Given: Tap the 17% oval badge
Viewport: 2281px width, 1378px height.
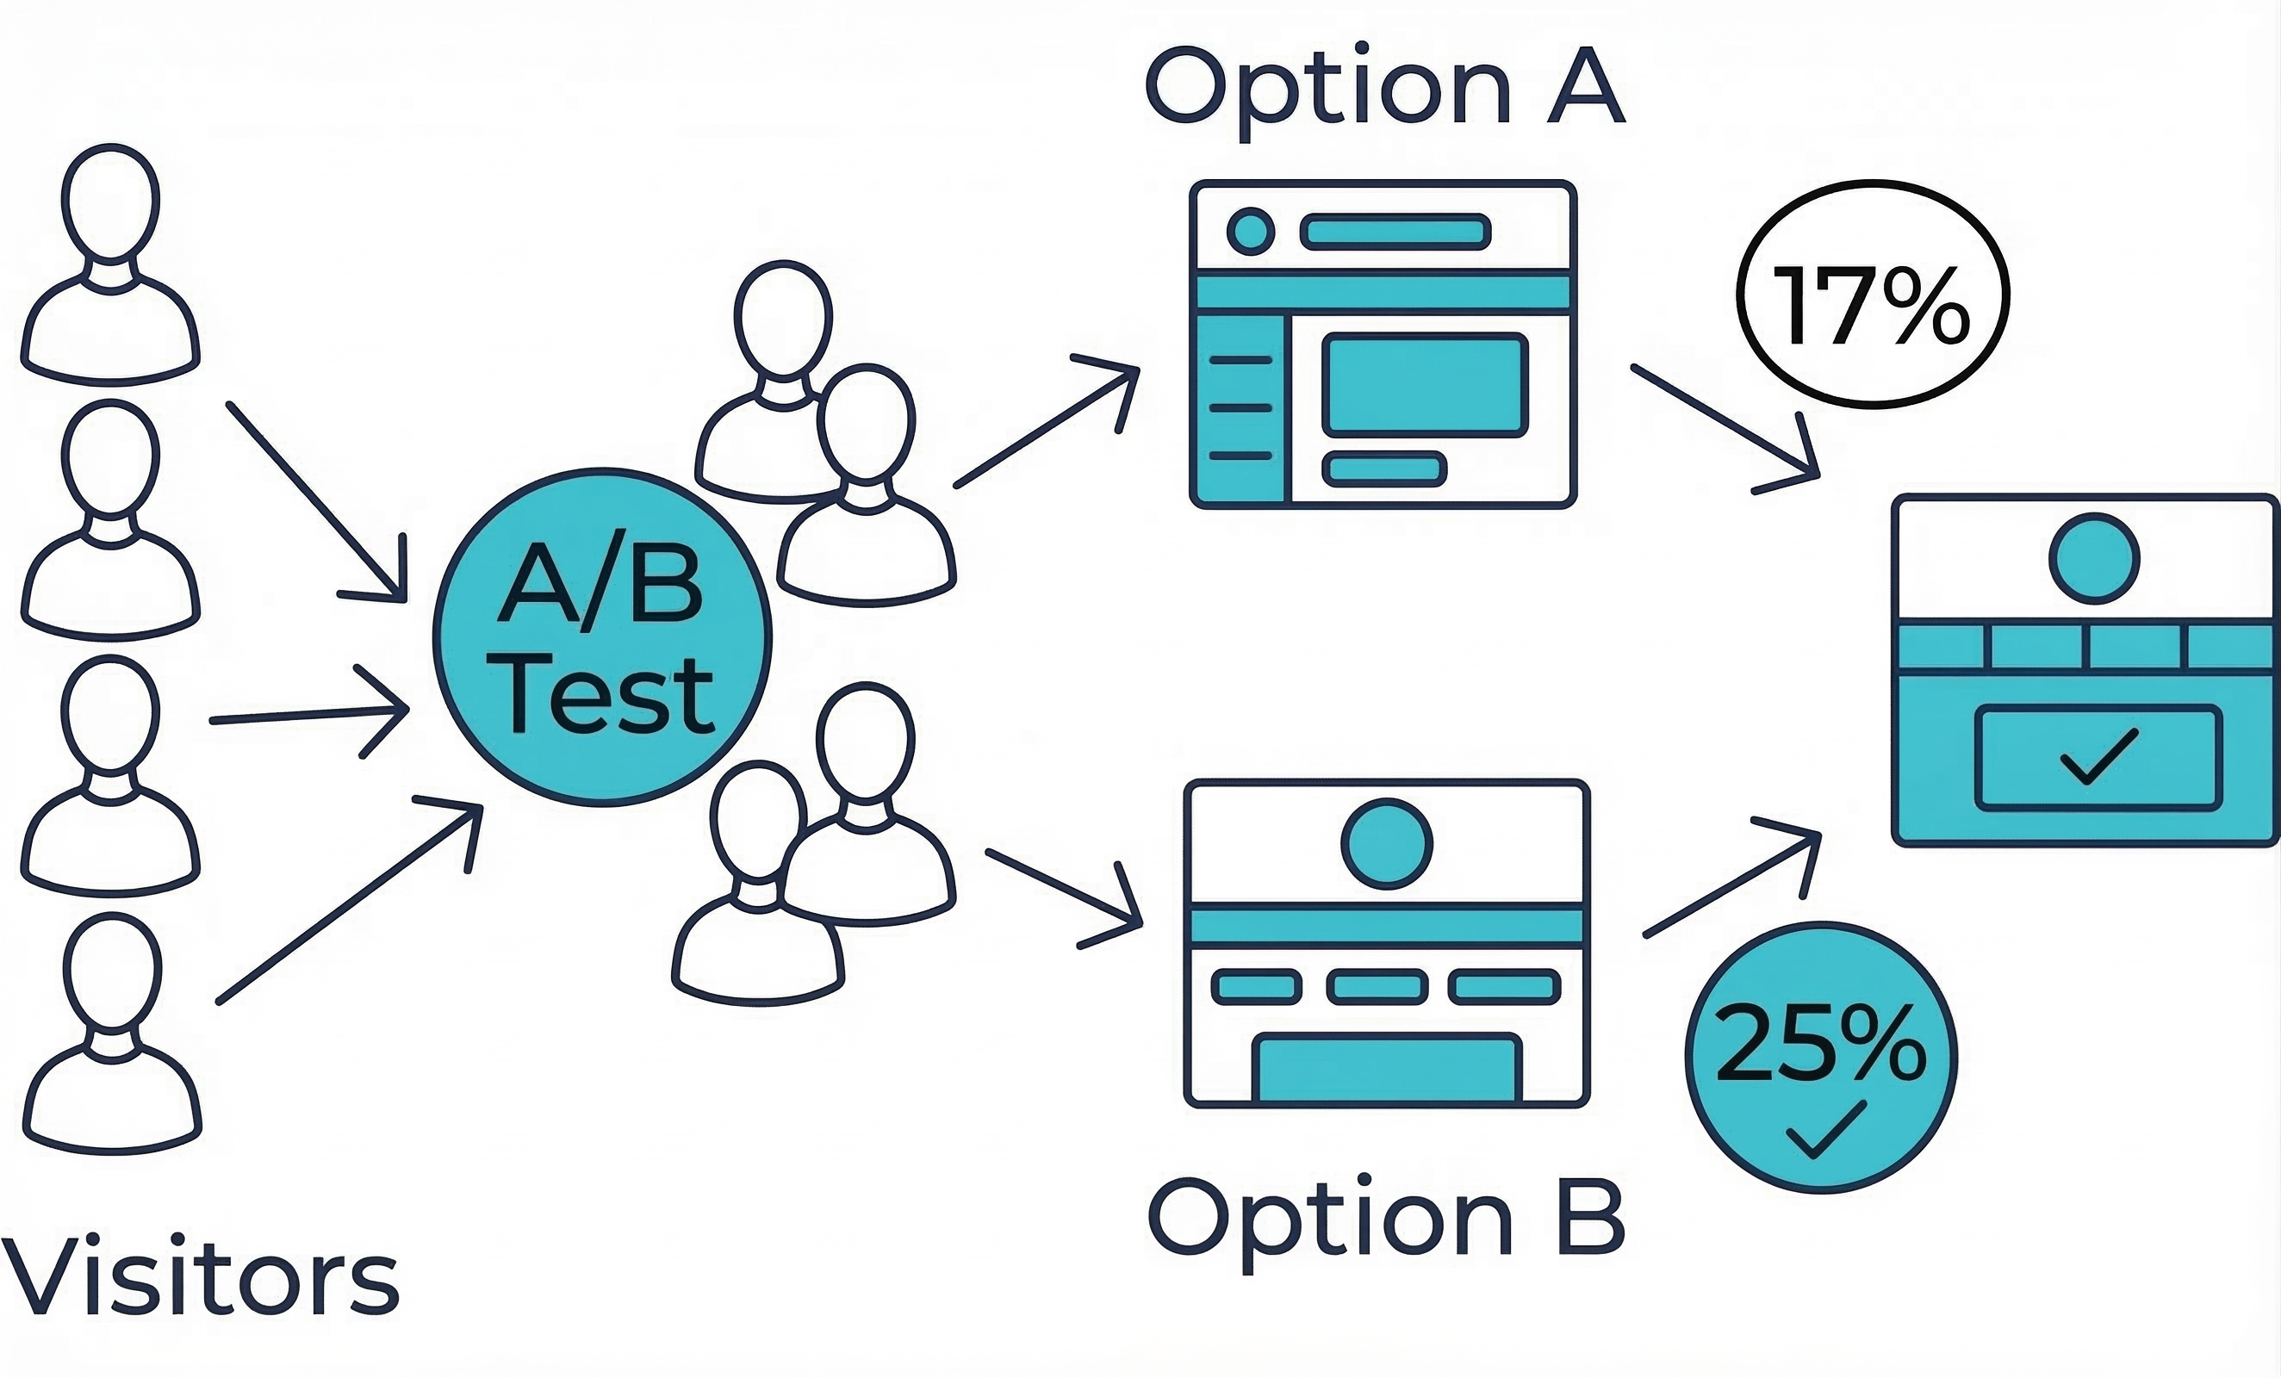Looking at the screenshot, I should click(x=1872, y=295).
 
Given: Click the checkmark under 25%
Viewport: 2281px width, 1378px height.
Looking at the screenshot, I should click(x=1824, y=1129).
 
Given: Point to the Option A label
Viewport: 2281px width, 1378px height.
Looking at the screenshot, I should click(x=1385, y=88).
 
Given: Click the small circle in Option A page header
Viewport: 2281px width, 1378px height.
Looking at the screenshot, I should click(x=1250, y=231).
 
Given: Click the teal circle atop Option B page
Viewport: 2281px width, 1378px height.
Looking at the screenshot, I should click(x=1387, y=844).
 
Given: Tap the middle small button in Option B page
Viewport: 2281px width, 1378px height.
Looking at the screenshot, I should click(x=1377, y=986).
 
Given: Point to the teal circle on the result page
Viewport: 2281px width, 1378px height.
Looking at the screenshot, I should click(x=2094, y=559).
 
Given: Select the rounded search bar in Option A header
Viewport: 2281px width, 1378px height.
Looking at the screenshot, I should click(x=1395, y=232).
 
